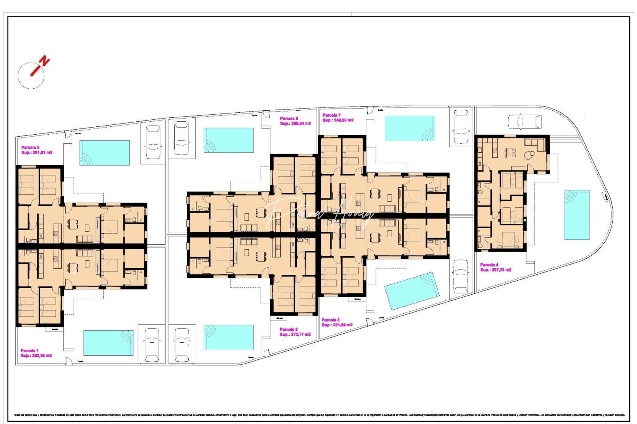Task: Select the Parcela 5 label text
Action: (x=30, y=148)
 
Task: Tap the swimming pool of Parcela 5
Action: (x=105, y=153)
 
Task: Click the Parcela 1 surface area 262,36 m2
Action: (x=36, y=356)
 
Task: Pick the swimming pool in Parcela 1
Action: (x=108, y=342)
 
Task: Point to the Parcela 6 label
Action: (x=289, y=119)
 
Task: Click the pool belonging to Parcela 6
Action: (x=228, y=140)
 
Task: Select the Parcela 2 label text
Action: (x=289, y=329)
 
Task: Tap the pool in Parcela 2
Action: (x=228, y=337)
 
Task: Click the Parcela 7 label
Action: (x=331, y=115)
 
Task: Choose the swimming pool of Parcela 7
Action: (x=410, y=128)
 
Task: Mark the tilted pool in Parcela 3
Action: (x=411, y=291)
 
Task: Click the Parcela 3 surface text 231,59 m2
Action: (x=337, y=325)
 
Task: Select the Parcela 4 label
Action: (x=489, y=265)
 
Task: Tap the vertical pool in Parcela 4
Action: (x=577, y=215)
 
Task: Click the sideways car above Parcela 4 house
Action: (x=525, y=121)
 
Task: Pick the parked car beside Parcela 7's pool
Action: (x=460, y=126)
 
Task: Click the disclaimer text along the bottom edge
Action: (x=318, y=415)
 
